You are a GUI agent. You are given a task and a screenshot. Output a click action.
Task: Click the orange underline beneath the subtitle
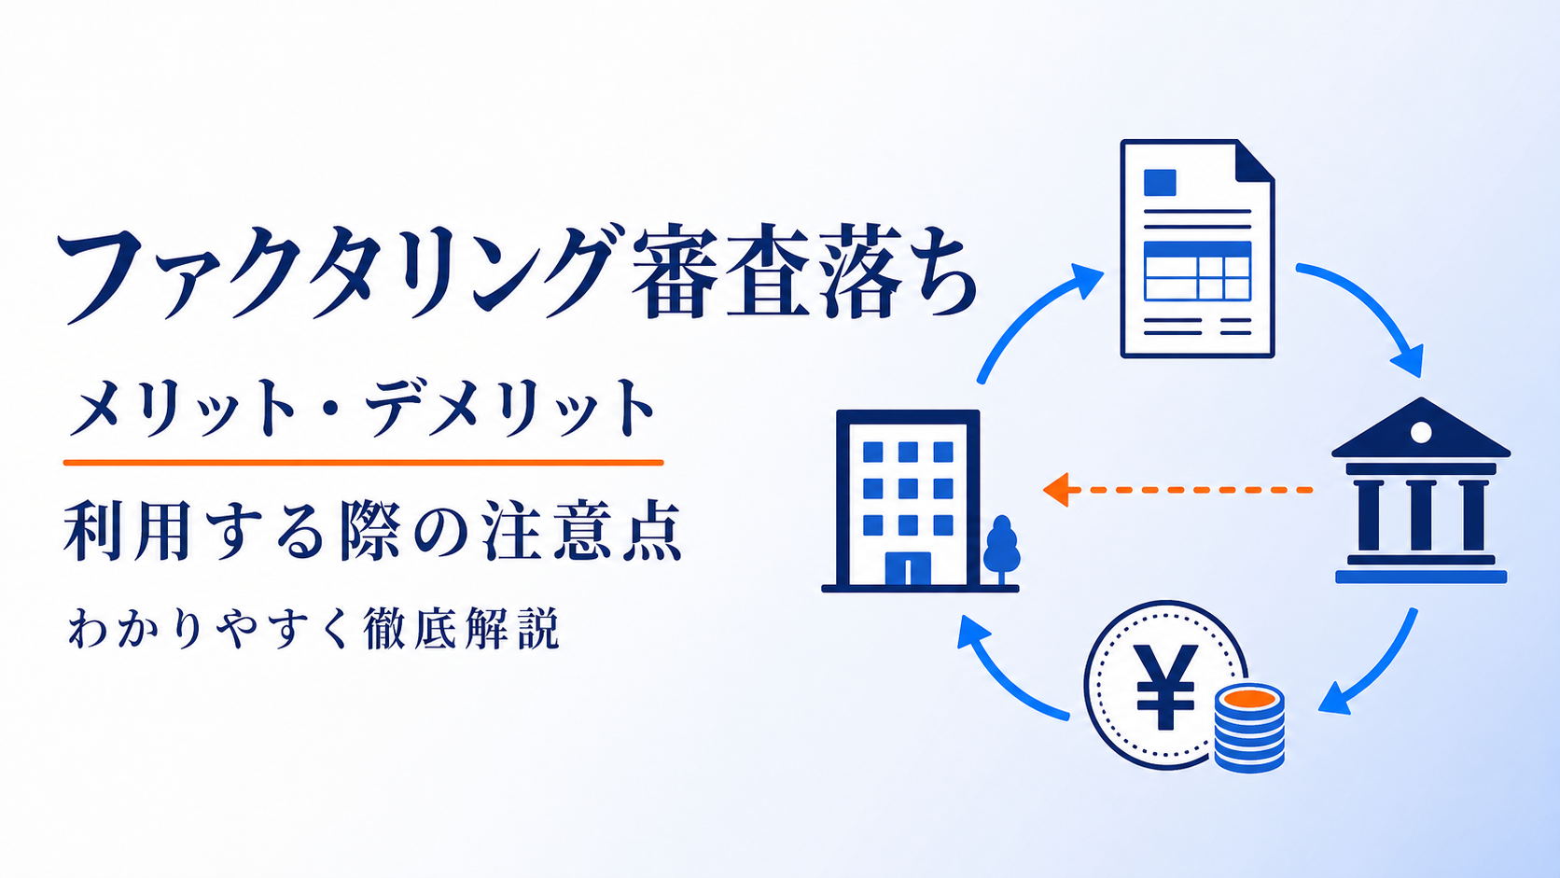point(363,462)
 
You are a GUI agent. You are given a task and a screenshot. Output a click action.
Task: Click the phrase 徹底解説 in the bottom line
point(461,629)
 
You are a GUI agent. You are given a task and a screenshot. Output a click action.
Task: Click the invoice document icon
point(1197,248)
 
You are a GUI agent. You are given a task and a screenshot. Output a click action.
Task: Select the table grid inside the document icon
point(1197,272)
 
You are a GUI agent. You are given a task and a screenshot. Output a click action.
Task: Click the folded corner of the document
point(1255,160)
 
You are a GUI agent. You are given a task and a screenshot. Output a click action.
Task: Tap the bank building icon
point(1421,490)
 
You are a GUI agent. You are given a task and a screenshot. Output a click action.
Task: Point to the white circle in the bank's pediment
point(1421,432)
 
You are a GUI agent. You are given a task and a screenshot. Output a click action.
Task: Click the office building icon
point(908,501)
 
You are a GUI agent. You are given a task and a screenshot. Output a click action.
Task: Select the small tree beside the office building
point(1001,550)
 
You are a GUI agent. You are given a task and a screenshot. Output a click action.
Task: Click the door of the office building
point(908,569)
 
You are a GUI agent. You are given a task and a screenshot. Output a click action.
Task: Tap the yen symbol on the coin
point(1166,686)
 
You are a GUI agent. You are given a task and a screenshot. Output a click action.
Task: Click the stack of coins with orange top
point(1249,729)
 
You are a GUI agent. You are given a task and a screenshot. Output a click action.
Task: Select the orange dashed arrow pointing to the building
point(1177,490)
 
